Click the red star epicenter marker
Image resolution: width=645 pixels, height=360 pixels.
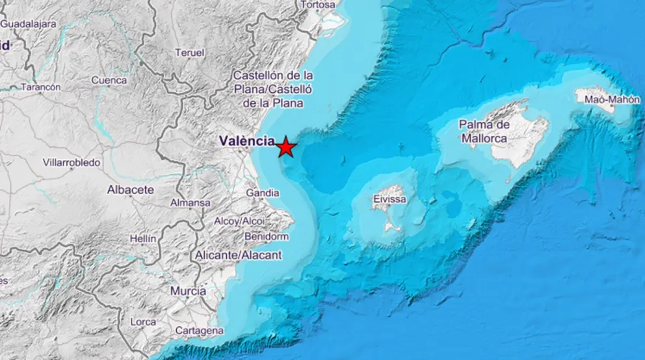(285, 148)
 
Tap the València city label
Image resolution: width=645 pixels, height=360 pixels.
(247, 140)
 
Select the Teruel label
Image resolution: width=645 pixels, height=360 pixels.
(190, 53)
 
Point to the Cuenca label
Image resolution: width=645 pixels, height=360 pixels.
(109, 81)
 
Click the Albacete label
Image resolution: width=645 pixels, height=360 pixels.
(131, 190)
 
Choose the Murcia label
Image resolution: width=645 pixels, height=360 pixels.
(188, 291)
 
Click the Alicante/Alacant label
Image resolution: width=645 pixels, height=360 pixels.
(239, 255)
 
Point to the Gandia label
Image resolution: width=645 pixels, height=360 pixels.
(263, 193)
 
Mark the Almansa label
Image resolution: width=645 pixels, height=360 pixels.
(190, 203)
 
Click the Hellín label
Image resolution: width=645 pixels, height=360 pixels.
(143, 238)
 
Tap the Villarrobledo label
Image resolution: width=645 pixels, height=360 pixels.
(72, 162)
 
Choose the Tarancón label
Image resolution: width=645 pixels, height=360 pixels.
(40, 86)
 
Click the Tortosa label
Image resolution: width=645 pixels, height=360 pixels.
(319, 5)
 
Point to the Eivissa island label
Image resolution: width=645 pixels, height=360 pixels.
(389, 199)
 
